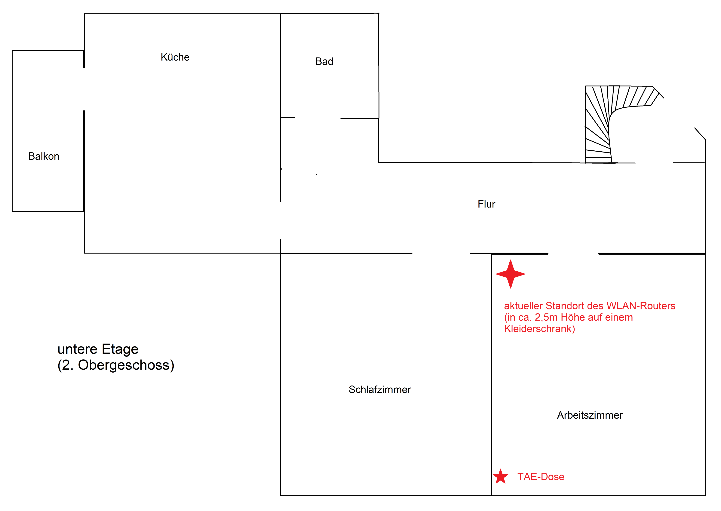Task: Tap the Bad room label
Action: coord(324,61)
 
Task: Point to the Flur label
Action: coord(486,204)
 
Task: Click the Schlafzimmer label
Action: coord(380,389)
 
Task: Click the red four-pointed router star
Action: coord(511,274)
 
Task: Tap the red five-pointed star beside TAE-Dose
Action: coord(501,477)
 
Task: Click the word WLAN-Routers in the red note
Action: coord(641,306)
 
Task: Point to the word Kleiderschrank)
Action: coord(539,329)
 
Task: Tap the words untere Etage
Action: coord(98,349)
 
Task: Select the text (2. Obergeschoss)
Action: coord(116,365)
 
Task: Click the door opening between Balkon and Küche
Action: coord(84,89)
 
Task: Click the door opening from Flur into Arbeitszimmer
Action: coord(573,253)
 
